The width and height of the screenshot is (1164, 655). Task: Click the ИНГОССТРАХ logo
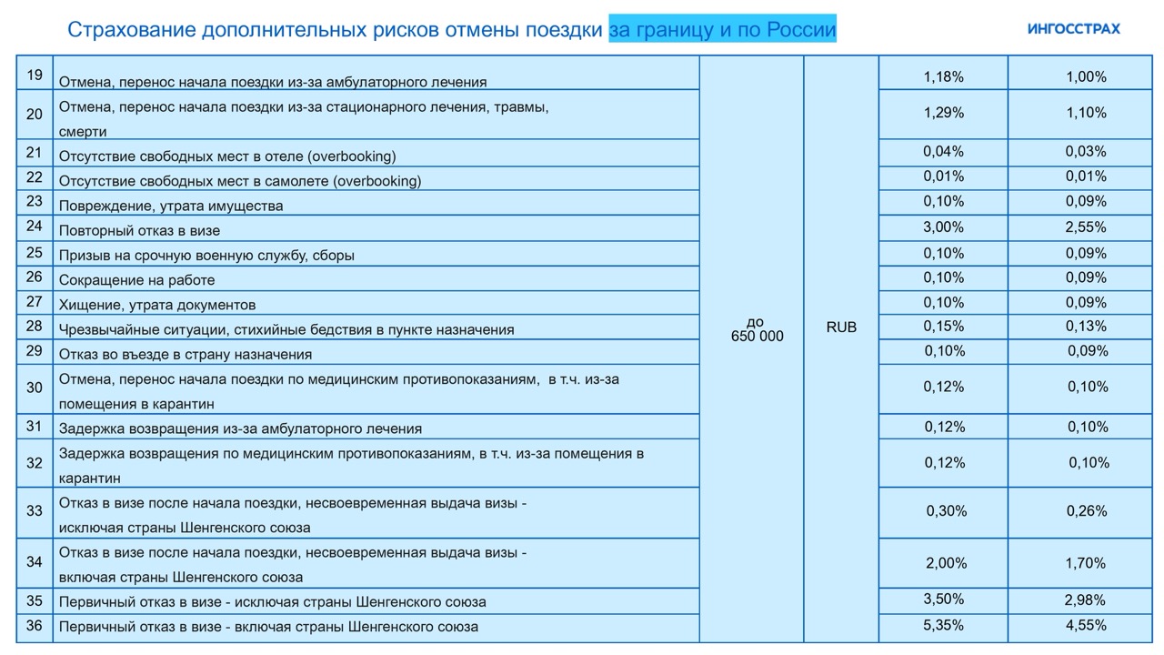pyautogui.click(x=1073, y=28)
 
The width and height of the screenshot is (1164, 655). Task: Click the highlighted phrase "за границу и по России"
pyautogui.click(x=722, y=30)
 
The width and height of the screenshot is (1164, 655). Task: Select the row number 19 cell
pyautogui.click(x=35, y=75)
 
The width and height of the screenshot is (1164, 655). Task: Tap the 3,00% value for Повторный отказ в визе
pyautogui.click(x=943, y=227)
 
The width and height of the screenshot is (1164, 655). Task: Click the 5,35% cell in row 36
pyautogui.click(x=943, y=625)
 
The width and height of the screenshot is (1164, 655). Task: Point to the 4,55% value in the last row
pyautogui.click(x=1086, y=625)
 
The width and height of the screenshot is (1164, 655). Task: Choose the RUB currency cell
pyautogui.click(x=841, y=327)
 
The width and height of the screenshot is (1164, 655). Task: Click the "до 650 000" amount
pyautogui.click(x=757, y=329)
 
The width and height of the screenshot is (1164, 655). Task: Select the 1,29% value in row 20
pyautogui.click(x=943, y=113)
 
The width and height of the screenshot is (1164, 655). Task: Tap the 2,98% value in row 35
pyautogui.click(x=1086, y=600)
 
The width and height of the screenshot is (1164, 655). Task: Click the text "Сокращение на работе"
pyautogui.click(x=137, y=280)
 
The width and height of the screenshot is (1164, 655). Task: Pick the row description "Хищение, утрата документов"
pyautogui.click(x=157, y=305)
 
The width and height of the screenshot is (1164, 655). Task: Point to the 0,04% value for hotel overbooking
pyautogui.click(x=943, y=151)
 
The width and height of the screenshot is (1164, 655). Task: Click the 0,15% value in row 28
pyautogui.click(x=943, y=326)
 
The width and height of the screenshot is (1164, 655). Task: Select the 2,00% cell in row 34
pyautogui.click(x=946, y=563)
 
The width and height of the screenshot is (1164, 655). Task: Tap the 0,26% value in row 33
pyautogui.click(x=1086, y=511)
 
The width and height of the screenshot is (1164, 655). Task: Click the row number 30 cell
pyautogui.click(x=35, y=388)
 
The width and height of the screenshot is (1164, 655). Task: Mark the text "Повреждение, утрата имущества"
pyautogui.click(x=171, y=206)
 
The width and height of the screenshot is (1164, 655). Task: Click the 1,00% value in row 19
pyautogui.click(x=1086, y=77)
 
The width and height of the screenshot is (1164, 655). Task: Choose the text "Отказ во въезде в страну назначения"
pyautogui.click(x=186, y=355)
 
